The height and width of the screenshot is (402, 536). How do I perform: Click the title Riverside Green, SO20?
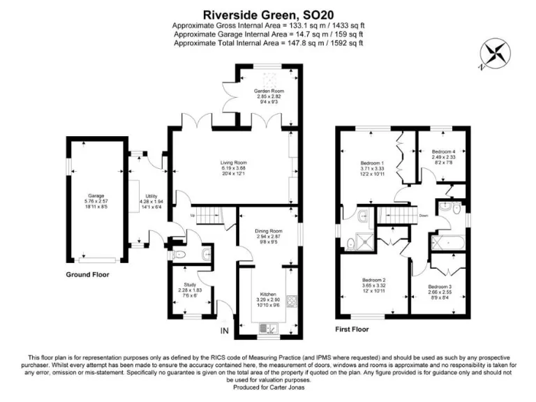(268, 13)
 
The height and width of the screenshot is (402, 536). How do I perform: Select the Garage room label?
(96, 196)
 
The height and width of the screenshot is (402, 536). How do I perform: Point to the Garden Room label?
(268, 91)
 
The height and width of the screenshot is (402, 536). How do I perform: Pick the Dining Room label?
(268, 230)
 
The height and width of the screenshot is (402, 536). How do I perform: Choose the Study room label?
(190, 285)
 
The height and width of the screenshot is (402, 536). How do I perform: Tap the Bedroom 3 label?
(441, 287)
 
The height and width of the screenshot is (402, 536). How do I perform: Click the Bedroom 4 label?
(443, 152)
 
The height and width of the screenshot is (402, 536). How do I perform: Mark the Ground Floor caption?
(87, 275)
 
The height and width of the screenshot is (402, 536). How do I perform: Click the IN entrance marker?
(225, 330)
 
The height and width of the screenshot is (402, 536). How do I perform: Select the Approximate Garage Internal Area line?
(268, 33)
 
